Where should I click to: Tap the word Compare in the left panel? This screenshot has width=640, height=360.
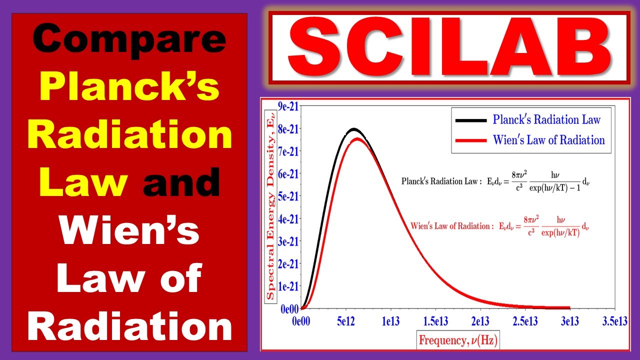129,41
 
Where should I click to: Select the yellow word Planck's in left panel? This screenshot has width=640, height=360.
129,88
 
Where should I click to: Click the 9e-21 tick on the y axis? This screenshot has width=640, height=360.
288,106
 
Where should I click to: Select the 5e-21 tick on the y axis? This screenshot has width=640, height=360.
288,196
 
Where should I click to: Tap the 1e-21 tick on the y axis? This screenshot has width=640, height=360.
288,286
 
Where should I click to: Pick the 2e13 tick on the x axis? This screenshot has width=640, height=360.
480,320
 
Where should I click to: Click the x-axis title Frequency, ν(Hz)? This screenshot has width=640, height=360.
458,340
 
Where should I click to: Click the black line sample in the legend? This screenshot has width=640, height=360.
470,120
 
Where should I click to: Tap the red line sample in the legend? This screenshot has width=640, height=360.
470,140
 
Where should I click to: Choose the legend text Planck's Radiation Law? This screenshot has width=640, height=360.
546,120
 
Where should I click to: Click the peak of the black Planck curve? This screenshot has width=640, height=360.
353,129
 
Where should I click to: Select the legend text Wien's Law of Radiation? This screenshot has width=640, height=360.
548,140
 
